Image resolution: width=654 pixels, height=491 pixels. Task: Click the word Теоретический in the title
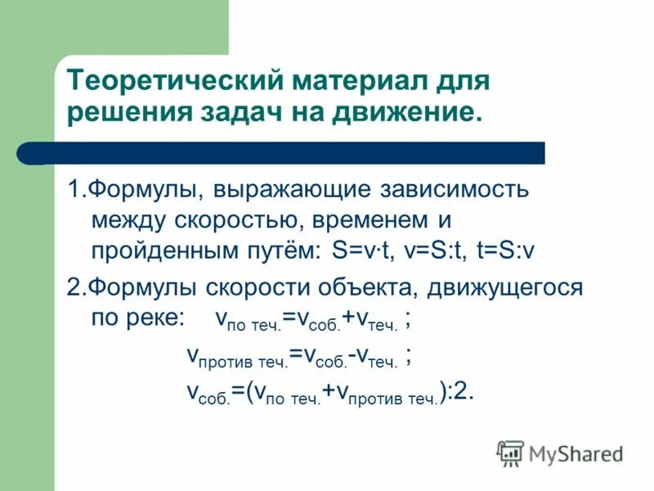pos(168,83)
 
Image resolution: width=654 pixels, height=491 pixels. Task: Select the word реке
pos(157,318)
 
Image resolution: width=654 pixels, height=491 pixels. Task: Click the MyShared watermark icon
pos(510,453)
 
